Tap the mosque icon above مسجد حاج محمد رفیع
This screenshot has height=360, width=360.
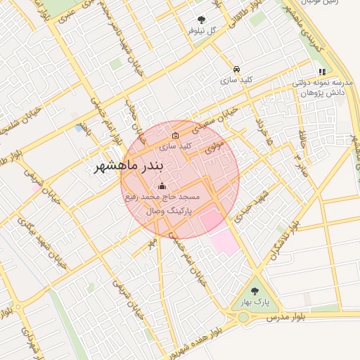tap(163, 186)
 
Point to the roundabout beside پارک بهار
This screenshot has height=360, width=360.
tap(243, 317)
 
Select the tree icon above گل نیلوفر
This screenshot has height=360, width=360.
tap(202, 20)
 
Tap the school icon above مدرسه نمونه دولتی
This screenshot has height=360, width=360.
tap(322, 72)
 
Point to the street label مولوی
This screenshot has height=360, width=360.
tap(214, 148)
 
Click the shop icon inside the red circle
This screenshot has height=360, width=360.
tap(175, 136)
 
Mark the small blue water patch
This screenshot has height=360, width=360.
tap(77, 129)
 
